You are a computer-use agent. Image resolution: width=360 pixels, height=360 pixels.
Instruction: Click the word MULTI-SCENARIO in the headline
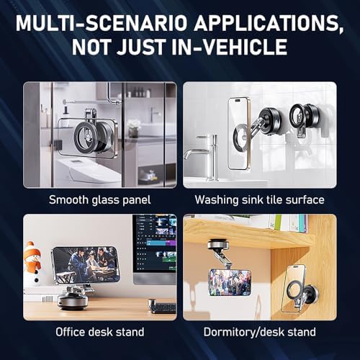102,23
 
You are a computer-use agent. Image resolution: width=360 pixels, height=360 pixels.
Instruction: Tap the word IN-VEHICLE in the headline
230,47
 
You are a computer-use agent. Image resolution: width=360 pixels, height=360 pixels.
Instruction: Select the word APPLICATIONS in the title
269,24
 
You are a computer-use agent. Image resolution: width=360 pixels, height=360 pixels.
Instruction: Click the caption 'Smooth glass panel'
100,199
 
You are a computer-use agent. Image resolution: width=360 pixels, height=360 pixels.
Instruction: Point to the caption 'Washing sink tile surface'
259,199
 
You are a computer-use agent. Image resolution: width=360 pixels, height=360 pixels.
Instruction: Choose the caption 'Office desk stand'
100,332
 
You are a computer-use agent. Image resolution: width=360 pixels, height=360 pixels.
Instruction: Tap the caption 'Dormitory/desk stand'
259,332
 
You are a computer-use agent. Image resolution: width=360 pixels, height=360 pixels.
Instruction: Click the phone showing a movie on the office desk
86,264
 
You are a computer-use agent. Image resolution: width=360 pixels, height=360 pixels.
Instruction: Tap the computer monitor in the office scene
155,250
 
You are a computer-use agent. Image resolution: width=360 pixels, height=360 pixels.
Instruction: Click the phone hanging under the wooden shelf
230,282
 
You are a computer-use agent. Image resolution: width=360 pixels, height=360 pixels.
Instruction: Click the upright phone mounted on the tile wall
238,133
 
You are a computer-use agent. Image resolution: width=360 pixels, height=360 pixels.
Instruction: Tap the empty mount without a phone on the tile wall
302,117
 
